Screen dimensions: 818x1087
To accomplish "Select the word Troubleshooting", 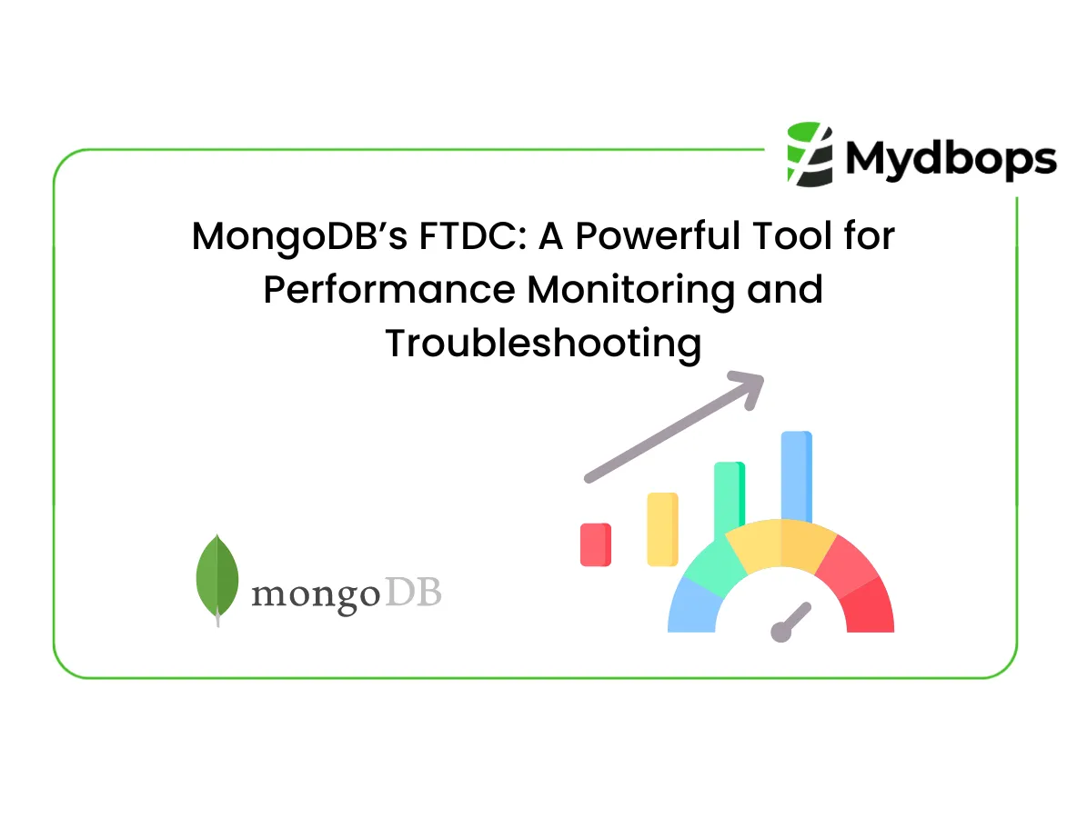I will coord(543,344).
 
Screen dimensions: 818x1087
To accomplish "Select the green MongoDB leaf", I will coord(217,578).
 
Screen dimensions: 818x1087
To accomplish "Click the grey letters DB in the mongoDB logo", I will coord(413,594).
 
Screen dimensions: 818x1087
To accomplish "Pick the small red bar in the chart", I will coord(596,544).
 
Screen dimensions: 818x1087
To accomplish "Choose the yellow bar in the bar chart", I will coord(662,529).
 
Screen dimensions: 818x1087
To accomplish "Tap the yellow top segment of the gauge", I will coord(780,544).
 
